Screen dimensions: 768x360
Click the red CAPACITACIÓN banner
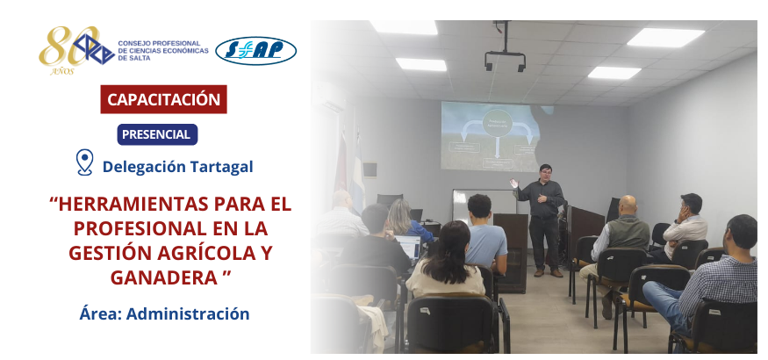[163, 99]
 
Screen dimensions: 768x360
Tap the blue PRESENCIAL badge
[157, 134]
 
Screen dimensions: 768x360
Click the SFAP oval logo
[255, 51]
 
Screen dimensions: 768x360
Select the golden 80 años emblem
[68, 49]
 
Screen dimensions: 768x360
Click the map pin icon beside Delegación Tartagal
[85, 162]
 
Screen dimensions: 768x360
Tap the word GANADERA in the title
[163, 278]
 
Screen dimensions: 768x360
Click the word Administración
[188, 314]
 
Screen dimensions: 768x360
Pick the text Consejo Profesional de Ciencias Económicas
[163, 47]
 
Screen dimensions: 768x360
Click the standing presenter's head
[545, 172]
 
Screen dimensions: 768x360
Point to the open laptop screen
[408, 247]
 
